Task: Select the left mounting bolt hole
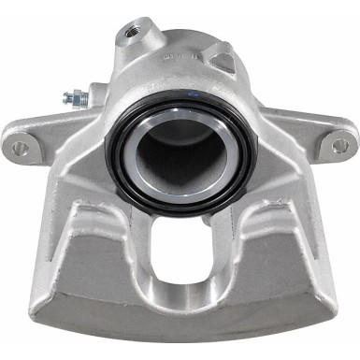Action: click(x=21, y=147)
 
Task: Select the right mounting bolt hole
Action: click(x=339, y=146)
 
